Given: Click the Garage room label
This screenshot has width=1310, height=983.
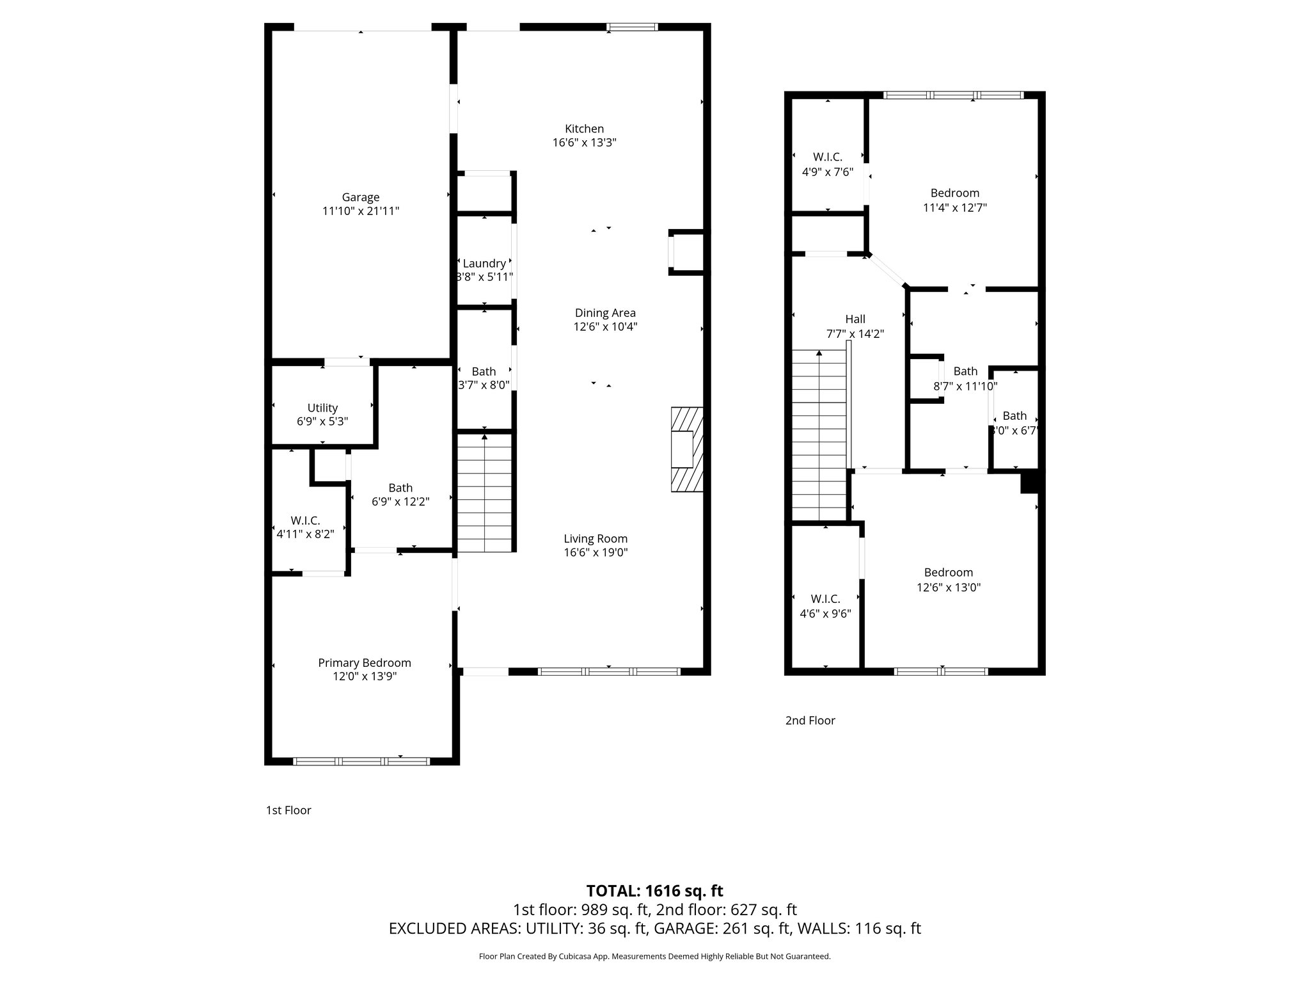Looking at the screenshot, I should coord(360,198).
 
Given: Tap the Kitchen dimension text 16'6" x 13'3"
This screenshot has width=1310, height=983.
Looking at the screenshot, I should coord(584,143).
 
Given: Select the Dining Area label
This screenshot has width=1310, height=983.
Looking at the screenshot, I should coord(605,313).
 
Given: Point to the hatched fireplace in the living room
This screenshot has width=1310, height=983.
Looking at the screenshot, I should coord(686,449).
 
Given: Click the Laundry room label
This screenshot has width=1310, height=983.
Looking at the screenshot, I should coord(484,264).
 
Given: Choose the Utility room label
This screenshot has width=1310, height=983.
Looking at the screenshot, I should coord(322,408).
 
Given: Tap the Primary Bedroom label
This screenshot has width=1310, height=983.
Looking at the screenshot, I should coord(365,663).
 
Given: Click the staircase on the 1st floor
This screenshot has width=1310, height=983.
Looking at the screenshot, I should coord(485,493).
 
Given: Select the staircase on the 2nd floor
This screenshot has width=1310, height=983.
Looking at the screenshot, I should coord(819,435).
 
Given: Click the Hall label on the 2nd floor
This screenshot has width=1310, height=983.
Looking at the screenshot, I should coord(855,319).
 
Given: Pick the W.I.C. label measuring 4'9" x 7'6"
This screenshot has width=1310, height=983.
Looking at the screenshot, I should coord(828,157).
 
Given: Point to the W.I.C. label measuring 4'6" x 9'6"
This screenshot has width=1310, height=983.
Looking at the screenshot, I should coord(825,599).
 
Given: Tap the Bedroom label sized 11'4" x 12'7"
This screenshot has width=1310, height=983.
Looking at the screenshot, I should coord(954,193).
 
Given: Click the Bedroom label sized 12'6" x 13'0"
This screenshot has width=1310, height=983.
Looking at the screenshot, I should coord(948,573).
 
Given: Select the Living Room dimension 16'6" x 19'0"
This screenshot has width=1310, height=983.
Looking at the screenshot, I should coord(596,553).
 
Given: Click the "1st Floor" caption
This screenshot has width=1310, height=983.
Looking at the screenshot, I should coord(288,810).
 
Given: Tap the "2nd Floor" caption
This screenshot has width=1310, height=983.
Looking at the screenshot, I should coord(810,721).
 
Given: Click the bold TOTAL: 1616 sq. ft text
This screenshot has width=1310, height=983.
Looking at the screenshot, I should coord(654,891).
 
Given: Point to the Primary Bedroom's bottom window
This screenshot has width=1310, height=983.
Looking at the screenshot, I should coord(361,761).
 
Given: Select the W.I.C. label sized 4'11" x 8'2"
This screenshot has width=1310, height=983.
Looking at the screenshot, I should coord(305,521).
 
